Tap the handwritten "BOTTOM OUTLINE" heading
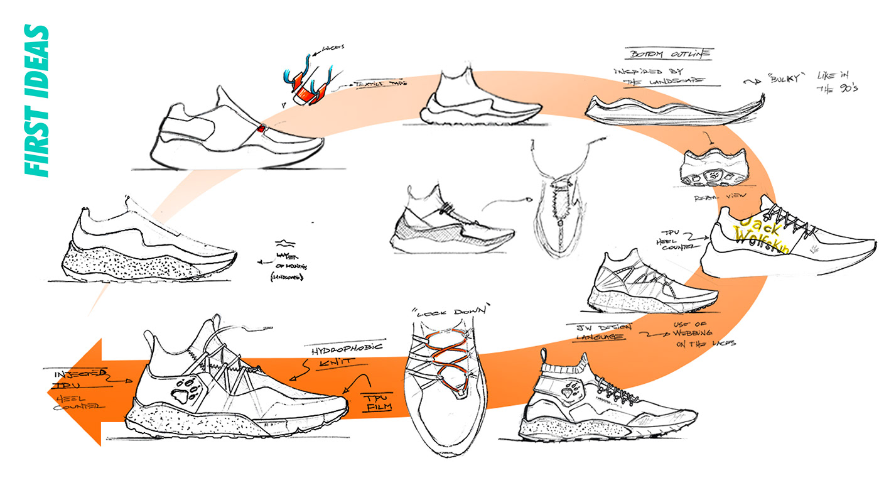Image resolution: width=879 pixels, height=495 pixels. click(x=668, y=54)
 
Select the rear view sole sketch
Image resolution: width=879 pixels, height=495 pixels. click(x=714, y=168)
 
